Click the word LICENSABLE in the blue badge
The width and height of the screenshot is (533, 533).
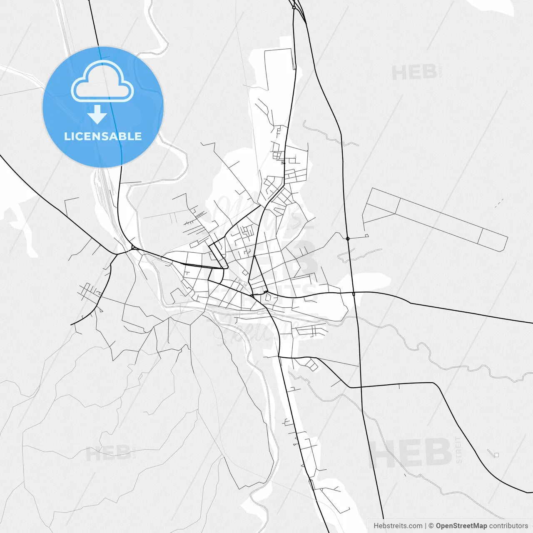(103, 136)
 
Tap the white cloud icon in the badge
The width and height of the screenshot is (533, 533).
(102, 82)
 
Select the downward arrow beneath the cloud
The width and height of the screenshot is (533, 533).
(97, 115)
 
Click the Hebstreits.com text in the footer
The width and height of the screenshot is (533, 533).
(398, 526)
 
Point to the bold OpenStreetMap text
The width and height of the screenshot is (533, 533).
(461, 526)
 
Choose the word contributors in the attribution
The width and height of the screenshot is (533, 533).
(508, 526)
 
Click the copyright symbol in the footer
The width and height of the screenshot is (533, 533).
(431, 526)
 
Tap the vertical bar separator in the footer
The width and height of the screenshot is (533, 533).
(425, 526)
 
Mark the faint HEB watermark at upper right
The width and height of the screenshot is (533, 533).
(414, 73)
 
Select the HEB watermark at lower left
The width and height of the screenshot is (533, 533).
(108, 453)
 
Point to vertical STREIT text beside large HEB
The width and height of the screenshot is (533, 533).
(459, 450)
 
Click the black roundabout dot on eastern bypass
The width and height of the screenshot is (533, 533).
(348, 239)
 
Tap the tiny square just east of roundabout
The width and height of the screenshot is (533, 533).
(367, 236)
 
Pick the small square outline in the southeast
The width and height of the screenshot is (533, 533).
(496, 454)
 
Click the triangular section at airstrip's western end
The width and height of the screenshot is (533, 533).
(379, 208)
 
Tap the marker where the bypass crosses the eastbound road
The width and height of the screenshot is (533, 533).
(354, 294)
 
